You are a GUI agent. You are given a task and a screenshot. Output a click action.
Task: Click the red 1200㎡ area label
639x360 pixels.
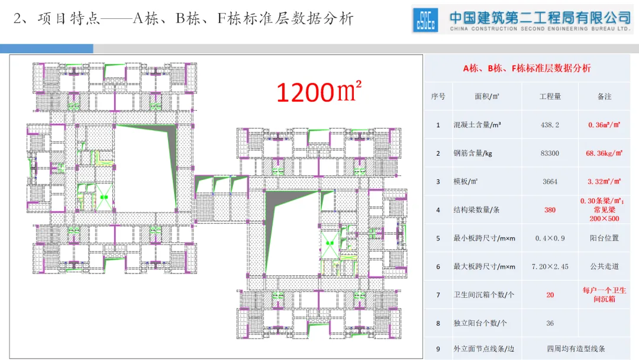click(x=318, y=92)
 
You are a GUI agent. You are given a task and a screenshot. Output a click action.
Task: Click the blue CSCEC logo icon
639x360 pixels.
click(x=426, y=20)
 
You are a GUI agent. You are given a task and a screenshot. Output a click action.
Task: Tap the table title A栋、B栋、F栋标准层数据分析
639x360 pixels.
click(x=527, y=68)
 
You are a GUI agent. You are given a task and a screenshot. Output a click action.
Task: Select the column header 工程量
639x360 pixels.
click(x=550, y=96)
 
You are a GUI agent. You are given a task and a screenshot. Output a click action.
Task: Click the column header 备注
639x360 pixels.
click(x=604, y=96)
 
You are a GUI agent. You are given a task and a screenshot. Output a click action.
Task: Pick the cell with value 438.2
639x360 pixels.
click(x=550, y=125)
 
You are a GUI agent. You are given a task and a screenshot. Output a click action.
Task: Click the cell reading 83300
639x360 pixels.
click(x=550, y=153)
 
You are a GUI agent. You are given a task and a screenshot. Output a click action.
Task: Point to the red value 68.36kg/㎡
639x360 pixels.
click(x=604, y=153)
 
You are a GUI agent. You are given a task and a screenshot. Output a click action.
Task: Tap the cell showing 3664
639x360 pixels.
click(x=550, y=182)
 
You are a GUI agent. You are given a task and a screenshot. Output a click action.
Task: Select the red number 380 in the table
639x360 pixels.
click(x=550, y=210)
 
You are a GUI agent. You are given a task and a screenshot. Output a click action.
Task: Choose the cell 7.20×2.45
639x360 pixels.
click(x=550, y=266)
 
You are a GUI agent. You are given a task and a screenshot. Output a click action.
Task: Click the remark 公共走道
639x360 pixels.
click(x=604, y=266)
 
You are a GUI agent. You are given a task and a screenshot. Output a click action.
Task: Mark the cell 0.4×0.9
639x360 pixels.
click(x=550, y=238)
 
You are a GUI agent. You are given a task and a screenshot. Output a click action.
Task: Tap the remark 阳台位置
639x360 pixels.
click(x=604, y=238)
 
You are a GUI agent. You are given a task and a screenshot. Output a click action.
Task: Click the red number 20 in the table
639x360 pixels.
click(x=550, y=295)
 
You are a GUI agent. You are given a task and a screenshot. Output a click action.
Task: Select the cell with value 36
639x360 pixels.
click(x=550, y=323)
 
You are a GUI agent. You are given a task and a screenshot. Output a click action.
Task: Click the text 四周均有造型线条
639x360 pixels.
click(x=576, y=349)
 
